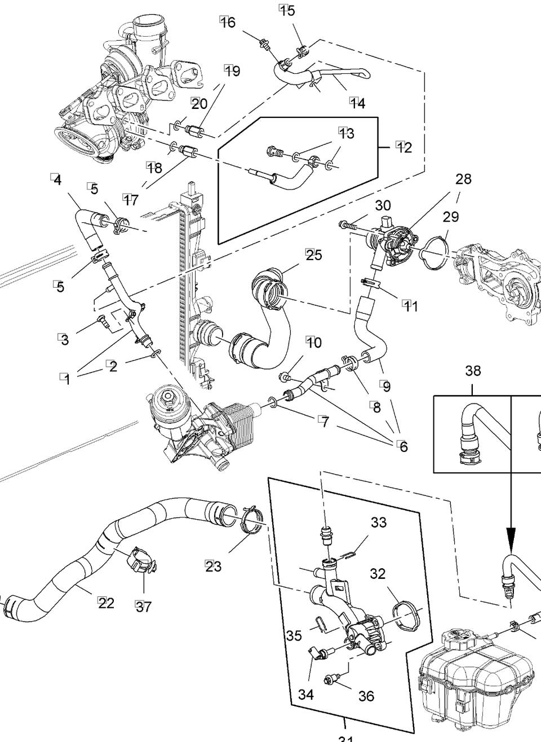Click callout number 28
463,179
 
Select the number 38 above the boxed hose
473,371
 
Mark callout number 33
379,523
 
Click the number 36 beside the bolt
366,696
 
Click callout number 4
56,180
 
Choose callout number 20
199,103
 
